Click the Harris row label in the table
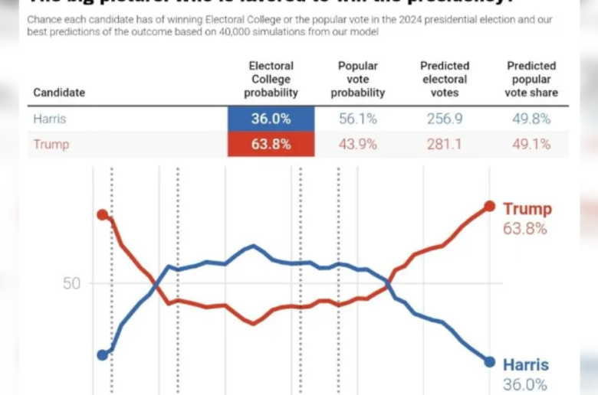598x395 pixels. [x=49, y=119]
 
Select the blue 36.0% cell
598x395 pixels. [x=271, y=119]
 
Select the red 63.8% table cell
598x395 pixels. [x=271, y=145]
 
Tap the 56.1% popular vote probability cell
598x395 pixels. [x=358, y=119]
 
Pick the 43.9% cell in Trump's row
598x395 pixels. [x=358, y=145]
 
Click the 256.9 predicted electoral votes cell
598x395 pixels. [x=445, y=119]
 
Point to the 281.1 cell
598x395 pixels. [x=445, y=145]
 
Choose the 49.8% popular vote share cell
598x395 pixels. [x=531, y=119]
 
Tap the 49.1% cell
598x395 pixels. [x=531, y=145]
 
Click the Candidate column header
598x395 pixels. [x=59, y=93]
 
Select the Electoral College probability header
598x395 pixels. [x=271, y=80]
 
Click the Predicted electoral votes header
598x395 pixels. [x=445, y=80]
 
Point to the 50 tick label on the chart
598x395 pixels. [x=71, y=283]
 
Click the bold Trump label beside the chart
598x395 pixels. [x=527, y=209]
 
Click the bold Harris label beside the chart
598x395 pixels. [x=526, y=365]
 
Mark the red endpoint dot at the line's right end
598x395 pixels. [x=490, y=206]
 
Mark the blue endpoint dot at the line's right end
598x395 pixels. [x=490, y=361]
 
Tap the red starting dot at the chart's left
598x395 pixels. [x=102, y=214]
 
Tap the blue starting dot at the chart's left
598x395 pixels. [x=102, y=354]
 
